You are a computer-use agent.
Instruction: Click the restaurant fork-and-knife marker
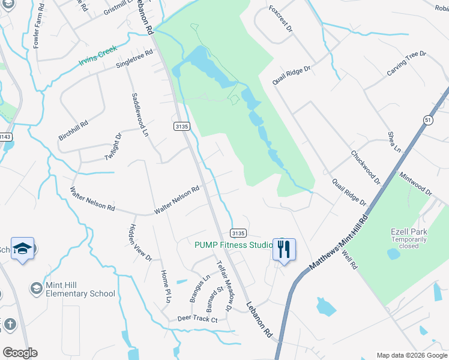pos(284,247)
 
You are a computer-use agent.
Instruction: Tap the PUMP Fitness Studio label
pos(232,245)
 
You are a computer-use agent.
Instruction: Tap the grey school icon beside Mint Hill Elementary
pos(37,289)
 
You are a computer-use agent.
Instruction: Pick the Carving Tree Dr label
pos(406,64)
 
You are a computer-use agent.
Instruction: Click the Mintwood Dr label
pos(415,182)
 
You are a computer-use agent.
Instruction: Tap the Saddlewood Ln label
pos(139,114)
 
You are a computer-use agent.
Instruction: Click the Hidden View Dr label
pos(140,242)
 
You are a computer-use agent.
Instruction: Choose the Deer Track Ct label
pos(197,319)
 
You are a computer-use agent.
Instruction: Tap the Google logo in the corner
pos(20,353)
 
